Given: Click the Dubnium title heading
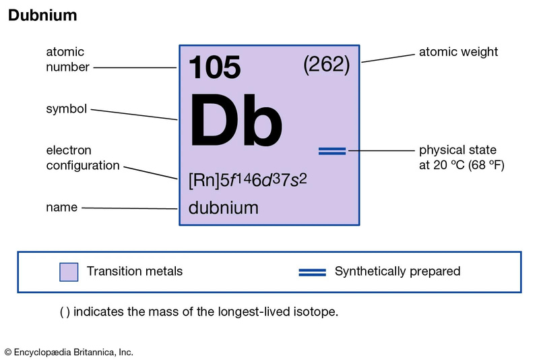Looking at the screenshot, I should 42,15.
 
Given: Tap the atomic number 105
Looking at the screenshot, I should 214,67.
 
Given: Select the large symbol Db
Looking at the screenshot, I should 236,123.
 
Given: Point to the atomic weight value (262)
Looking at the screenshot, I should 326,65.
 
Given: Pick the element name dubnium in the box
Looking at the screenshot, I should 223,208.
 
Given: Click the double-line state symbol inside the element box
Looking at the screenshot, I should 331,151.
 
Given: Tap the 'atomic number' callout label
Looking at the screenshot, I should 65,59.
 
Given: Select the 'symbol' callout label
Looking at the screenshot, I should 66,109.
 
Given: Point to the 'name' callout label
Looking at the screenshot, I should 61,208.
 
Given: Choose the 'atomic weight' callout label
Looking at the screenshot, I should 458,51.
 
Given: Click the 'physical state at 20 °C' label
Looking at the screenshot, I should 461,157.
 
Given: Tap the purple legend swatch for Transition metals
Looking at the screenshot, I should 69,272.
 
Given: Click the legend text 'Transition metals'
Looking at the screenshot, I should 135,272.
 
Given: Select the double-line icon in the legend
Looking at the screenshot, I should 313,272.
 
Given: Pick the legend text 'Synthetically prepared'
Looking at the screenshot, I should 398,272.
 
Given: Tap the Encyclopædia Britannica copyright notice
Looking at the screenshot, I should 69,352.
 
